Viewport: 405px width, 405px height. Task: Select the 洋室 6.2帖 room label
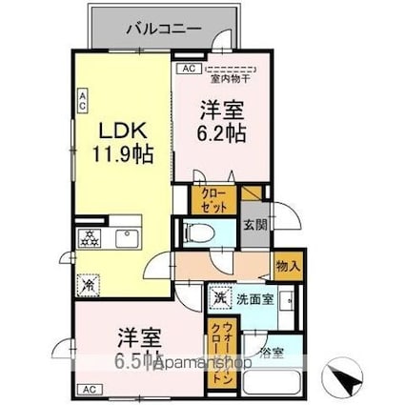click(x=222, y=122)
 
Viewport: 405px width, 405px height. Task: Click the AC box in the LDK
click(x=83, y=99)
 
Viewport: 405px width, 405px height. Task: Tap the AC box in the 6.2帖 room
click(x=187, y=69)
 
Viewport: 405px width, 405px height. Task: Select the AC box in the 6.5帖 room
click(x=88, y=390)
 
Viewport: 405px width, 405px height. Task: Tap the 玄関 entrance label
click(x=254, y=225)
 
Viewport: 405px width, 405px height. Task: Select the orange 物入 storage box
click(x=287, y=264)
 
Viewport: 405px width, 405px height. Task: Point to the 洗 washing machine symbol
click(x=219, y=296)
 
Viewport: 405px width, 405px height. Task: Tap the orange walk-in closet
click(x=214, y=349)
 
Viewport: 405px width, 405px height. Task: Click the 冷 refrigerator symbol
click(x=89, y=283)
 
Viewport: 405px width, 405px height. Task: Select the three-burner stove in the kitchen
click(x=92, y=236)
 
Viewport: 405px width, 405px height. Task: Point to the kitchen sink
click(x=127, y=236)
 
